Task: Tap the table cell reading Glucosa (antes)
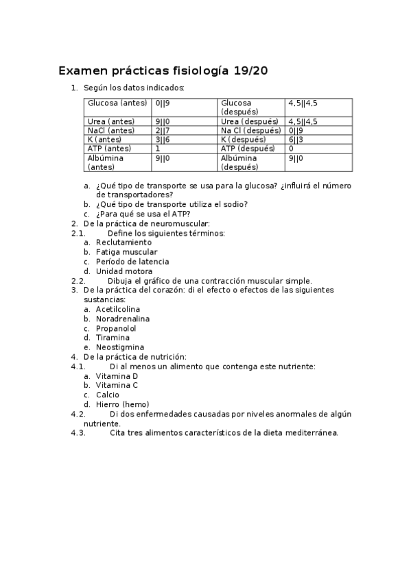117,103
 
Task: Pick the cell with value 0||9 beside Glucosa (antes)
163,103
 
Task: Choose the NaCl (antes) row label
111,130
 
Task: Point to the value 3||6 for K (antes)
163,139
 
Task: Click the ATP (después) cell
248,148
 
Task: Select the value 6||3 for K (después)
296,139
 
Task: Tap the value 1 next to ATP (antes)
158,148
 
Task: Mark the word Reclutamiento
124,242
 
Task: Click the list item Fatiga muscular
126,251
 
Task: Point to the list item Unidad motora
124,271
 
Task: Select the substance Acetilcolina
118,309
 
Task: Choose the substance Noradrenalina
123,319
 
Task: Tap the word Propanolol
116,328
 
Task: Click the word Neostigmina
120,347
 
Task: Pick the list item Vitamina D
117,376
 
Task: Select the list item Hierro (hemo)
122,404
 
